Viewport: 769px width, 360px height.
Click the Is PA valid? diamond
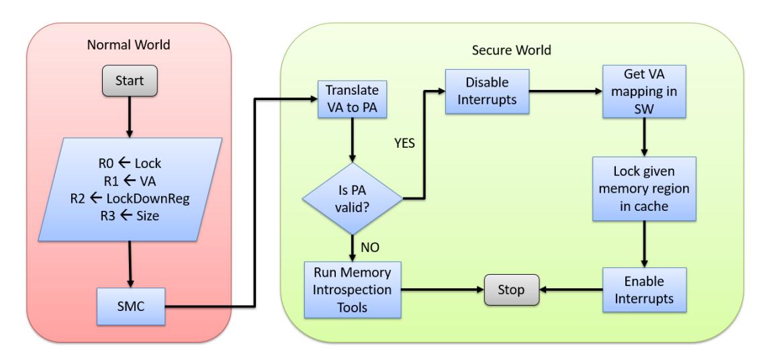351,198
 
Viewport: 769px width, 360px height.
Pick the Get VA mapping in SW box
644,92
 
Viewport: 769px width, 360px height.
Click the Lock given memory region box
644,189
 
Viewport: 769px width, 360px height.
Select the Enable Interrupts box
644,290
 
